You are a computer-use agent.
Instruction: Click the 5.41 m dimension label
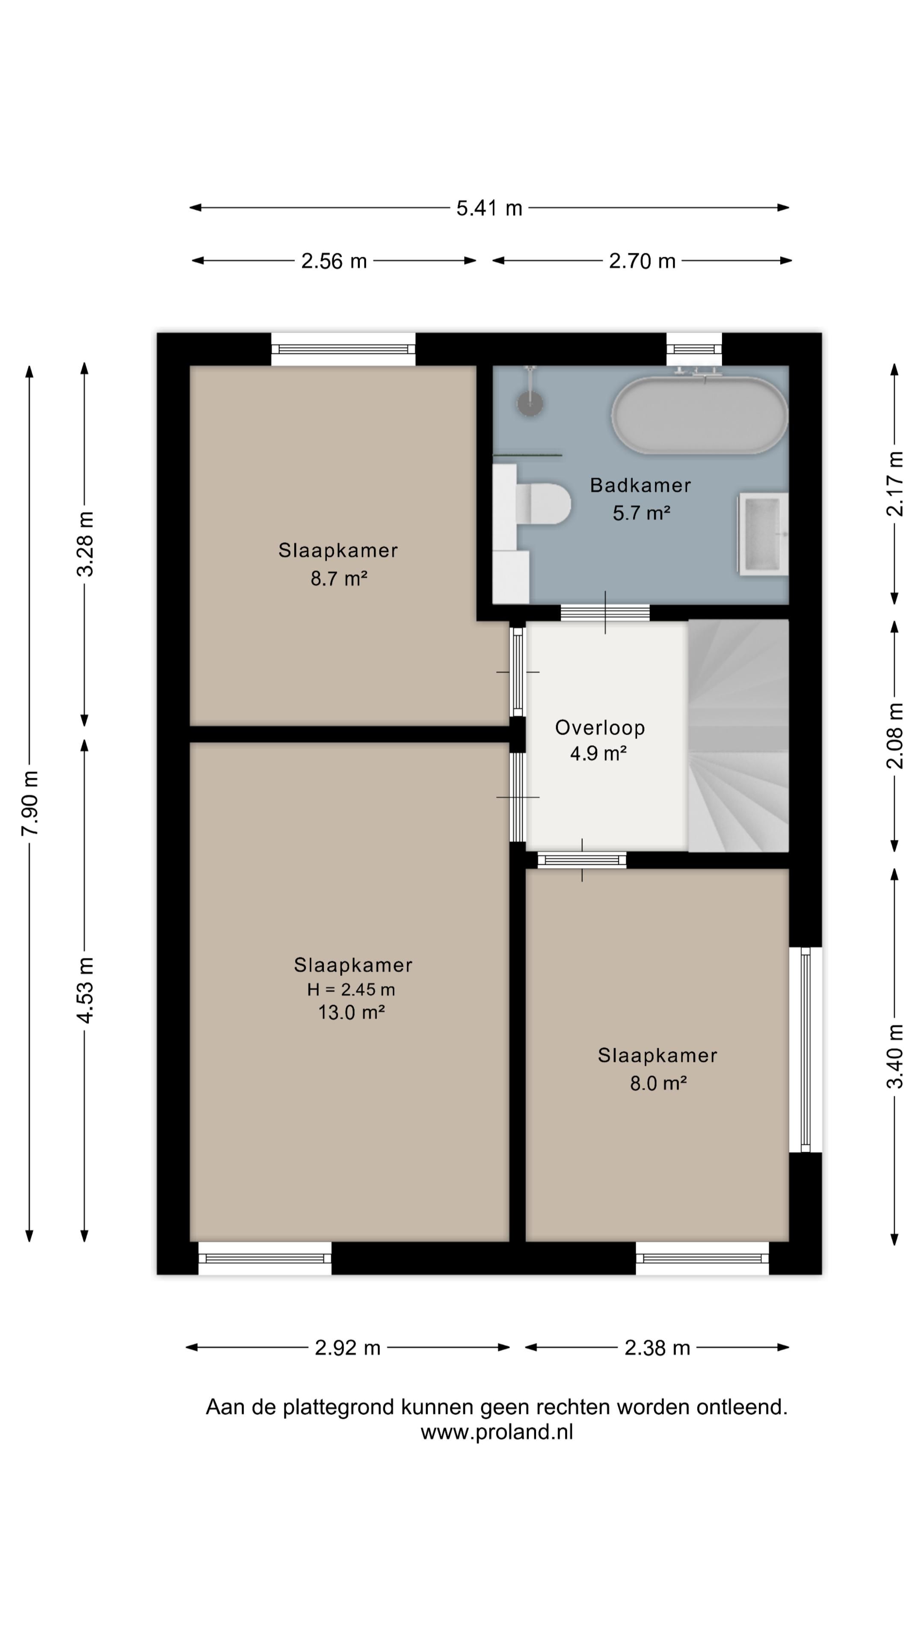(489, 208)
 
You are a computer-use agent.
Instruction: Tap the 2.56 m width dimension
(334, 261)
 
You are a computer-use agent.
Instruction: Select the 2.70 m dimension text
(642, 261)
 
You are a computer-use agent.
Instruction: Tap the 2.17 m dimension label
(895, 483)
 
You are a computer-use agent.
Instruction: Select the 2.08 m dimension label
(895, 735)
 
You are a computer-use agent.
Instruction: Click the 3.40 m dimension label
(895, 1056)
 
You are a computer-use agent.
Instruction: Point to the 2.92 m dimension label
(347, 1348)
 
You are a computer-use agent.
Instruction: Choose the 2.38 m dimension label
(657, 1348)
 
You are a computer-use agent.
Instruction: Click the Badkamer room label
(640, 485)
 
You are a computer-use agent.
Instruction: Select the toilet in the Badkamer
(539, 503)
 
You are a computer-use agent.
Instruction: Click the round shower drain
(529, 403)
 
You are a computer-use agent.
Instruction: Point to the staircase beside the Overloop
(738, 735)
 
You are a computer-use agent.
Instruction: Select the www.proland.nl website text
(497, 1432)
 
